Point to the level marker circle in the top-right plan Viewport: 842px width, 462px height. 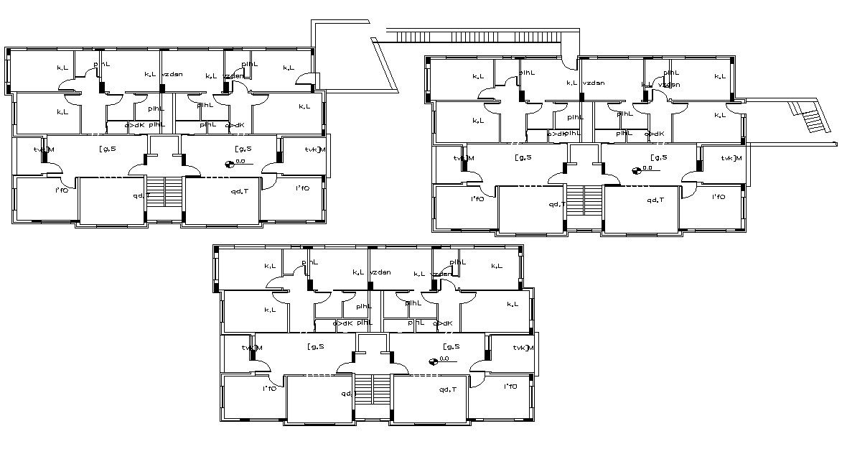636,170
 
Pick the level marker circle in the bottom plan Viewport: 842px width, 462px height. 433,361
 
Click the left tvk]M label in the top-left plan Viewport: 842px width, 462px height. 43,149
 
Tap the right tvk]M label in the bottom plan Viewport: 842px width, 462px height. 525,348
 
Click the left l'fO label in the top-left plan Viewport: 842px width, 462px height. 62,190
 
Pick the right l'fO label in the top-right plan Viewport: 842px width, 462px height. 719,197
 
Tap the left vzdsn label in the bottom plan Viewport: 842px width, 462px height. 380,272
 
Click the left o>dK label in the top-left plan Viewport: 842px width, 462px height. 134,125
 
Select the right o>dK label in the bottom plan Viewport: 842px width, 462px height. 443,323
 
